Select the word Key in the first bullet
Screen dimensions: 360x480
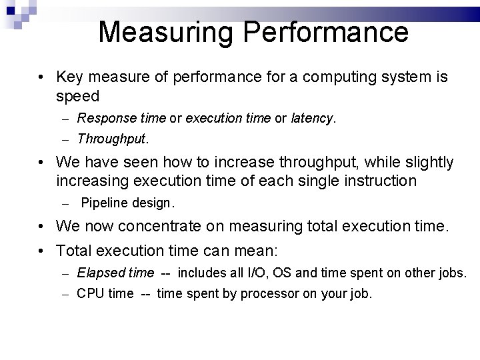click(x=70, y=78)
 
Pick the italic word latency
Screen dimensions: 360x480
click(x=312, y=119)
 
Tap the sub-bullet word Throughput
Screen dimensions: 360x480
click(x=112, y=139)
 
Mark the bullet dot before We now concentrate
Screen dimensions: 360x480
click(x=41, y=226)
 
